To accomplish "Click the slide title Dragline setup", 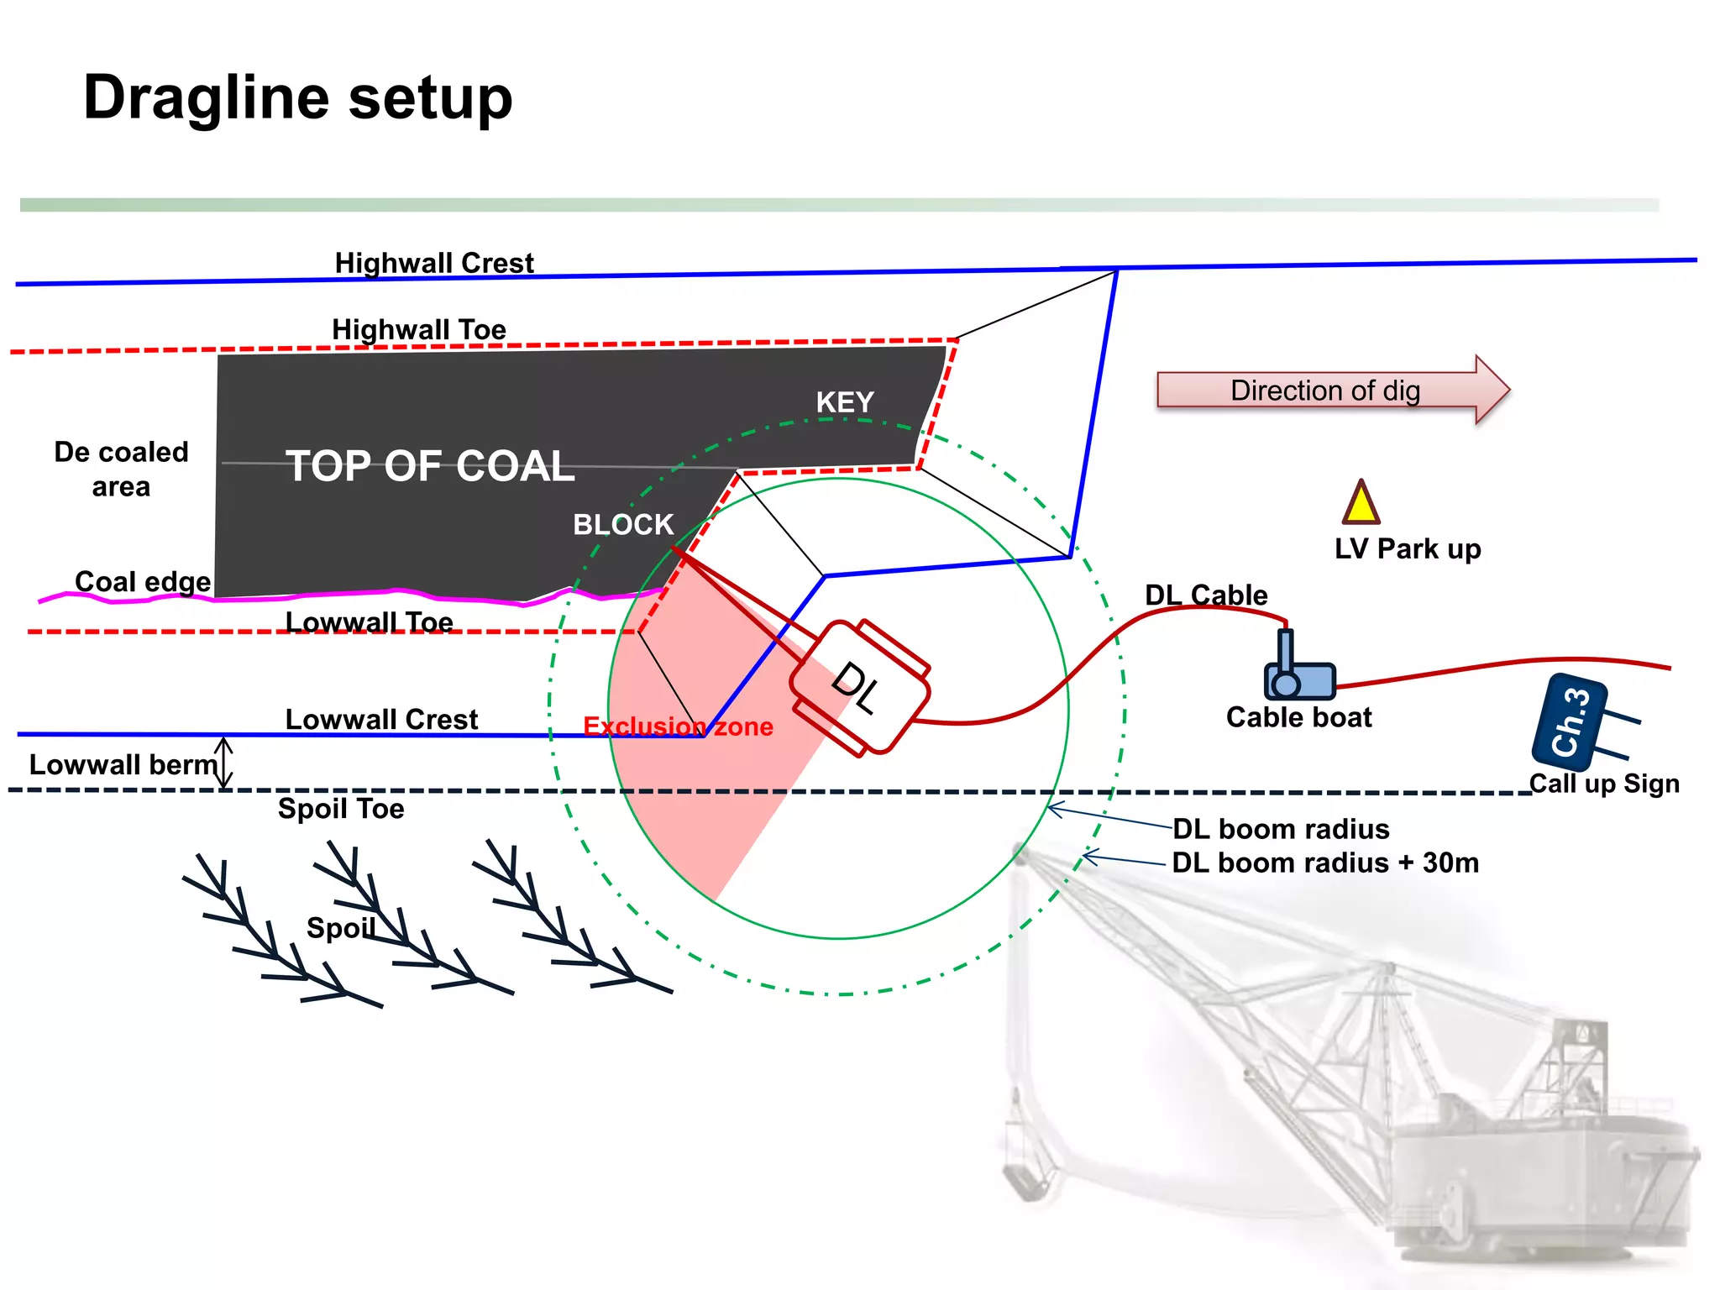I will point(297,98).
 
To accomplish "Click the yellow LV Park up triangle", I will point(1361,505).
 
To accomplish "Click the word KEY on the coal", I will point(845,402).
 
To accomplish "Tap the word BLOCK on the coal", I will point(623,525).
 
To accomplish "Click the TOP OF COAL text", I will point(430,466).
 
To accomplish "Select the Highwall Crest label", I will point(434,263).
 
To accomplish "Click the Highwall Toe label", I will point(419,329).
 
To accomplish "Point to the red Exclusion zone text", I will point(678,726).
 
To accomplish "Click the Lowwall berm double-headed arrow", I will point(224,763).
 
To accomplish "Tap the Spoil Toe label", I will point(341,809).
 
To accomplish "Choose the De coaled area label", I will point(121,469).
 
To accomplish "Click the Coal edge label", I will point(143,581).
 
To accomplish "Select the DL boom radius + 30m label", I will point(1324,863).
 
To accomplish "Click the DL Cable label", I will point(1206,595).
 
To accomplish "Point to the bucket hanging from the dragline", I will point(1025,1180).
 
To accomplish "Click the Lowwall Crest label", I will point(381,719).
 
